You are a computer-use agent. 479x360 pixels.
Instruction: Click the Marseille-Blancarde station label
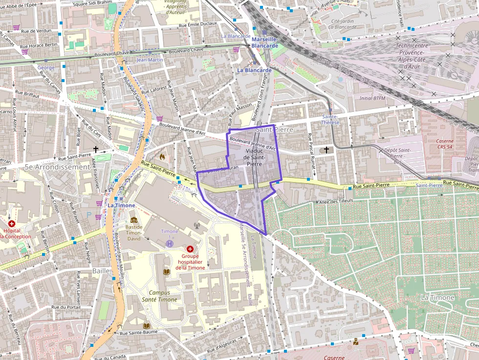click(x=264, y=42)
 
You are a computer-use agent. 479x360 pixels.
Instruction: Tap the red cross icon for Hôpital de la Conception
click(x=12, y=223)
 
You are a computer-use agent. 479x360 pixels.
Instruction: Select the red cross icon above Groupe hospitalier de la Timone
click(x=190, y=249)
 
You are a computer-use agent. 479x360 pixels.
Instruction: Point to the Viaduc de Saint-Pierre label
click(x=254, y=158)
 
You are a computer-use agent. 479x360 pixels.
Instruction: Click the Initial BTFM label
click(x=372, y=98)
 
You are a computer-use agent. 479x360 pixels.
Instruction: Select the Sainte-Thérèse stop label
click(x=331, y=120)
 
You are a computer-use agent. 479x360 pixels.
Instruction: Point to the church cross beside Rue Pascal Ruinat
click(x=327, y=149)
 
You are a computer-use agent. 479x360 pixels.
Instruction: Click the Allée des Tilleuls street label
click(x=336, y=202)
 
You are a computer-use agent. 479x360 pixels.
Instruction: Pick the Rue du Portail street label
click(x=65, y=307)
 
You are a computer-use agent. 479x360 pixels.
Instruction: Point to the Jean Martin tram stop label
click(x=150, y=60)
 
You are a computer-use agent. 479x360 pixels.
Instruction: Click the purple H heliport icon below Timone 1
click(x=170, y=243)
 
